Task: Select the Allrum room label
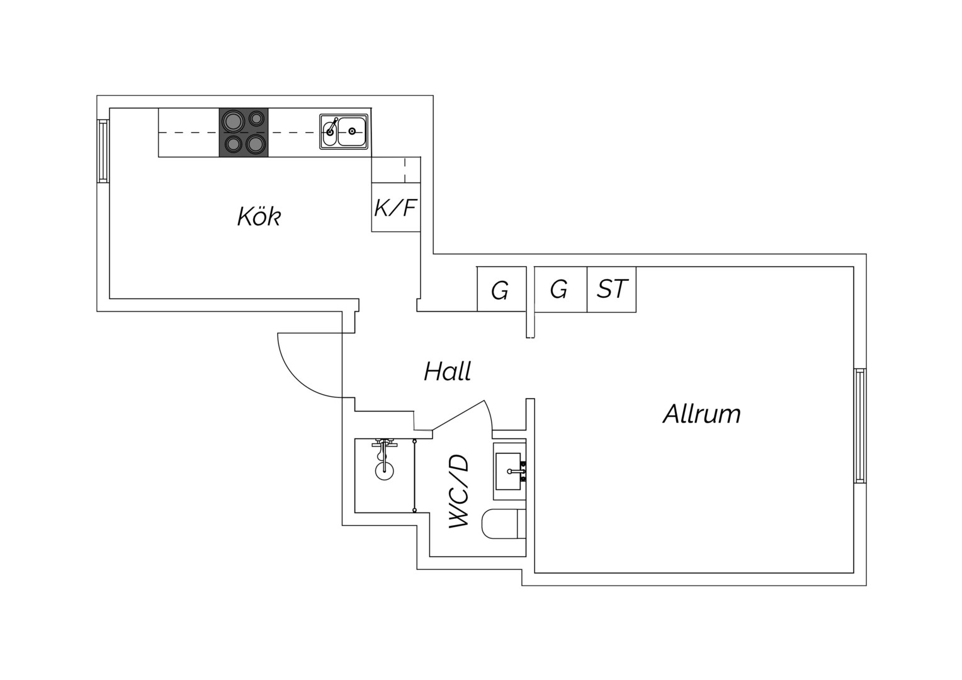[x=702, y=414]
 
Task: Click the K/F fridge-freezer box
[x=395, y=208]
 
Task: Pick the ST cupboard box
[x=611, y=289]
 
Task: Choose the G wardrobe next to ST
[x=560, y=289]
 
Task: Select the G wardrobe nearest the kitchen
[x=502, y=289]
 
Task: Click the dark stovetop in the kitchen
[x=244, y=132]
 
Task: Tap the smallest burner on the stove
[x=257, y=118]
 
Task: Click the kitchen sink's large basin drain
[x=352, y=131]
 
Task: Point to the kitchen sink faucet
[x=332, y=126]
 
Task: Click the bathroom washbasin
[x=509, y=471]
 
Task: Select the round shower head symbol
[x=385, y=471]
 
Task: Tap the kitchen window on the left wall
[x=103, y=150]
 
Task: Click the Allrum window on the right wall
[x=860, y=425]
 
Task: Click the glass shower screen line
[x=414, y=475]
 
